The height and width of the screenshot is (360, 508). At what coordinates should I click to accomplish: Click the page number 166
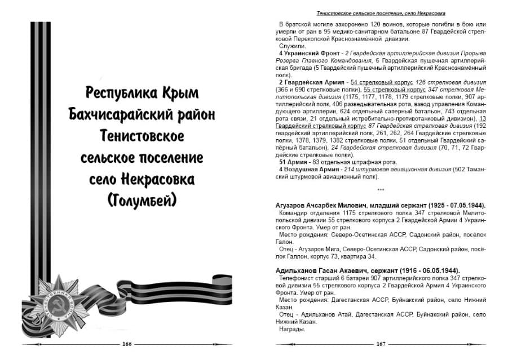127,344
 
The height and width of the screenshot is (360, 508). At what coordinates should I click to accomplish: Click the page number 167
381,344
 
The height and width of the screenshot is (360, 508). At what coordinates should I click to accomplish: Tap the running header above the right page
381,12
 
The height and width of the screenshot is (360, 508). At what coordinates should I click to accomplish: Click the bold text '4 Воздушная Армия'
308,169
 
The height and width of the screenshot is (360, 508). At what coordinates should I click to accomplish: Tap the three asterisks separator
381,189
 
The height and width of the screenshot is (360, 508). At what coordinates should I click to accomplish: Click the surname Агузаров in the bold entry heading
292,205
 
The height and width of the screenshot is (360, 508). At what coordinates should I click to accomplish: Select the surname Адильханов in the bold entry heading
296,270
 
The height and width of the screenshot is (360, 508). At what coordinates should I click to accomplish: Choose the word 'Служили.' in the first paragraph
291,45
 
